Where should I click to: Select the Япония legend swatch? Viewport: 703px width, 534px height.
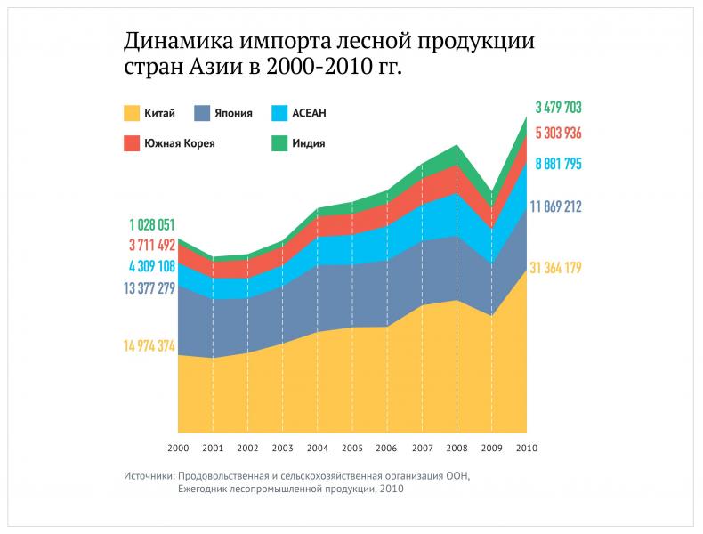202,113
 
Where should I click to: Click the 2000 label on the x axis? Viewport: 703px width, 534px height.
178,448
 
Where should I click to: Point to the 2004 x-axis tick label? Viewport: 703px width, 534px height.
318,448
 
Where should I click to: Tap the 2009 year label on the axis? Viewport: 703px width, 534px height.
492,448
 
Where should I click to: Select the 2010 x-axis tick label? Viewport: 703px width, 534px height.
527,448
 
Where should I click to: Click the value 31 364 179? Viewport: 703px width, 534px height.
556,268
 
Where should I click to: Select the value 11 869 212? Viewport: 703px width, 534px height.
556,206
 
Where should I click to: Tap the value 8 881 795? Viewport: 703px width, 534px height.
559,164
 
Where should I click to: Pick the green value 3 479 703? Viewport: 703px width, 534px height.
559,108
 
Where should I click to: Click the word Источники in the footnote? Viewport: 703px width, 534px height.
149,476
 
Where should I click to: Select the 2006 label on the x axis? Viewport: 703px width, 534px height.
387,448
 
